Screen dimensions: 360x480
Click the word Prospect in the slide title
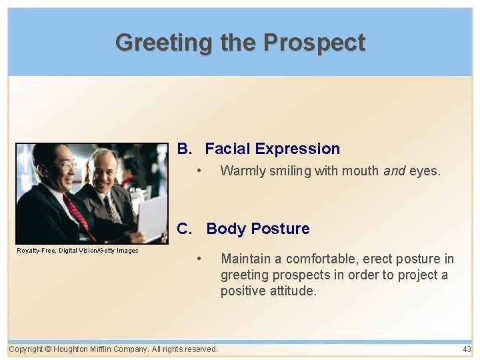314,43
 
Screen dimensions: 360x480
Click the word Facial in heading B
227,149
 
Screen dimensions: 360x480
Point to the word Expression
297,149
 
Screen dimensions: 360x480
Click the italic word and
395,171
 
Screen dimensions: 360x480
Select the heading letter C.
185,229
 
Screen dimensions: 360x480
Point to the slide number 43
467,349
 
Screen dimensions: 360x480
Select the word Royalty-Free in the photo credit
35,251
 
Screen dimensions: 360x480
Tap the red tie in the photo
79,215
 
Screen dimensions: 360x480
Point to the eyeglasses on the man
69,165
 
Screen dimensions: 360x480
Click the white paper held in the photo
152,217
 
